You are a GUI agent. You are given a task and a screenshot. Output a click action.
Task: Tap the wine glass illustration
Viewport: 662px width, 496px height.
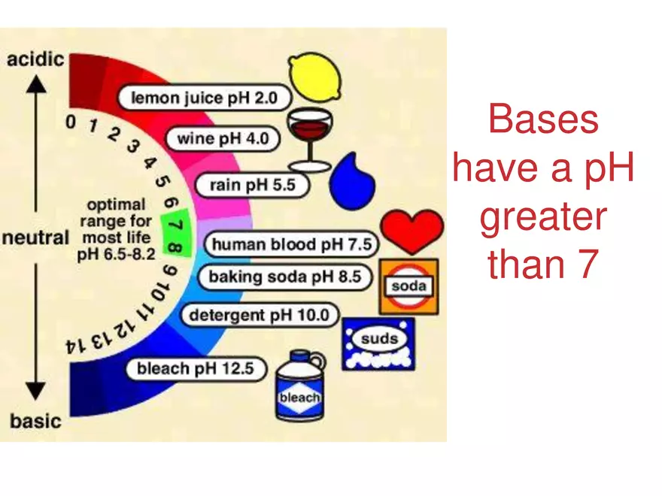[308, 135]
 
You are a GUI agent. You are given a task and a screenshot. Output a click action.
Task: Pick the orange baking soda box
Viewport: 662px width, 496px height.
[408, 286]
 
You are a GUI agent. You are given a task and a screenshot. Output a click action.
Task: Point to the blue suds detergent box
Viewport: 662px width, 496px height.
[378, 342]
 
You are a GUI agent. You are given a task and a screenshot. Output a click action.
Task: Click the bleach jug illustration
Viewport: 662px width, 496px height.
[299, 387]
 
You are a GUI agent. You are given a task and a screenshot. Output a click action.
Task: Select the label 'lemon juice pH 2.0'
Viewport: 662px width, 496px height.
[204, 97]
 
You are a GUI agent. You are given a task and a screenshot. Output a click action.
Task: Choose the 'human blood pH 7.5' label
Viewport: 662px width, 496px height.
[291, 244]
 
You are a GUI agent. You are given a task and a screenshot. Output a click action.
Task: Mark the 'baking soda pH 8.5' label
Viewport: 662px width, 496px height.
[284, 277]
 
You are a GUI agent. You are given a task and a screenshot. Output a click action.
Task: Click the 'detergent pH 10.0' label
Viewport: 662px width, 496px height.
[259, 315]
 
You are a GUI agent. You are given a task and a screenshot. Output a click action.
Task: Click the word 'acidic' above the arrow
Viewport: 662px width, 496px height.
[35, 59]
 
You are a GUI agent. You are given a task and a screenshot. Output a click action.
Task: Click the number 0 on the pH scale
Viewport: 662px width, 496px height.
[70, 121]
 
